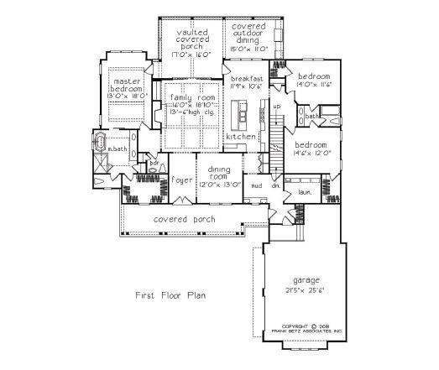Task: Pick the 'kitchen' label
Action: pos(240,136)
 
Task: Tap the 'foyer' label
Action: pos(181,180)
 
